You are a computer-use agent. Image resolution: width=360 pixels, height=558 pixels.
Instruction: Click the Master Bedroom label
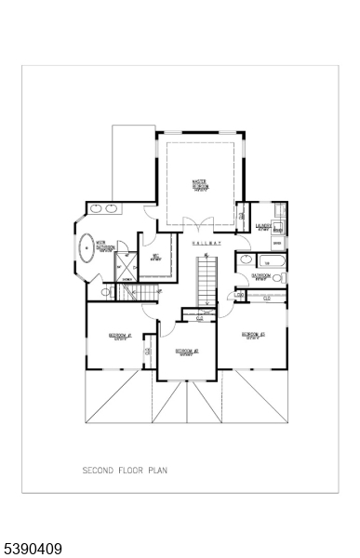point(199,184)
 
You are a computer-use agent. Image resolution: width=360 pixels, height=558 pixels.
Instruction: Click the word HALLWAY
point(207,244)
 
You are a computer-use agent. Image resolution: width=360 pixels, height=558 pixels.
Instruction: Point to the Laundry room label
point(264,226)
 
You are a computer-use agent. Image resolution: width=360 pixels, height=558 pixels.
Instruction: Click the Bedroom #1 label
point(119,336)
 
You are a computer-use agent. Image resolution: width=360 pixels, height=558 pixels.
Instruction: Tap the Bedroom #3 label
point(253,335)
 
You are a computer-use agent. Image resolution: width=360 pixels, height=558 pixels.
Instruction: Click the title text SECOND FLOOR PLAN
point(125,471)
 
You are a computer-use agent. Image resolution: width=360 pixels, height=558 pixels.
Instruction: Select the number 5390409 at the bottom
point(33,550)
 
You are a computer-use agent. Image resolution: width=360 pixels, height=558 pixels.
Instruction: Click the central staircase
point(207,280)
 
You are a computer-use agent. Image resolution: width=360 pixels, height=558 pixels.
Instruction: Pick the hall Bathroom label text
point(261,276)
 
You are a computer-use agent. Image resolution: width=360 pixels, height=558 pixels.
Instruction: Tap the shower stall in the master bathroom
point(124,273)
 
